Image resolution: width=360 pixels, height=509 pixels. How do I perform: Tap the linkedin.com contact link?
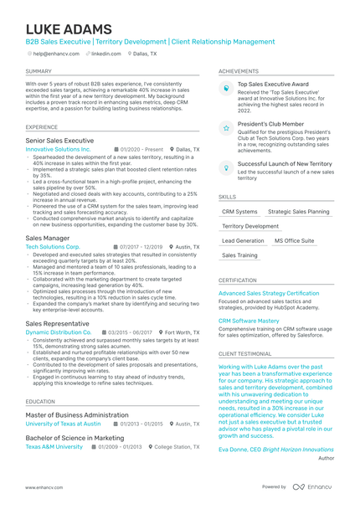105,53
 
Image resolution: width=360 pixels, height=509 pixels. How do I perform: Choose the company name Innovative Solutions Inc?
58,149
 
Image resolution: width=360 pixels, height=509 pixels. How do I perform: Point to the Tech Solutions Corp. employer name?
53,247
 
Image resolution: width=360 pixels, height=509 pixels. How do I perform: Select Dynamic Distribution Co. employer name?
58,332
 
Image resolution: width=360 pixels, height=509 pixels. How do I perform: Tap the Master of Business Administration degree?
77,415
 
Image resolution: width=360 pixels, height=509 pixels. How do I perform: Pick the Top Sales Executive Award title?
273,85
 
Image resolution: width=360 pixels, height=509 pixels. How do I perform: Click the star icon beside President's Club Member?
226,128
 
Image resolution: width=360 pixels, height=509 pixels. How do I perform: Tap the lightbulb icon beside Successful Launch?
226,168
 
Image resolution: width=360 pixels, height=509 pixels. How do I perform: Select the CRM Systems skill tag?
240,212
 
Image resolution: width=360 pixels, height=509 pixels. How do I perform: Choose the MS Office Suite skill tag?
294,240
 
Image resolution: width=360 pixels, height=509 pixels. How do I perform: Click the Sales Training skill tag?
240,254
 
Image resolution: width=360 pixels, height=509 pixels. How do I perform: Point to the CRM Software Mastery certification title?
249,320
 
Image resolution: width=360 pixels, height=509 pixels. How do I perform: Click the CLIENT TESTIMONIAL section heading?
244,354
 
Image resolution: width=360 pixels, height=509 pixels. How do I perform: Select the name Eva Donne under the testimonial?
234,450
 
